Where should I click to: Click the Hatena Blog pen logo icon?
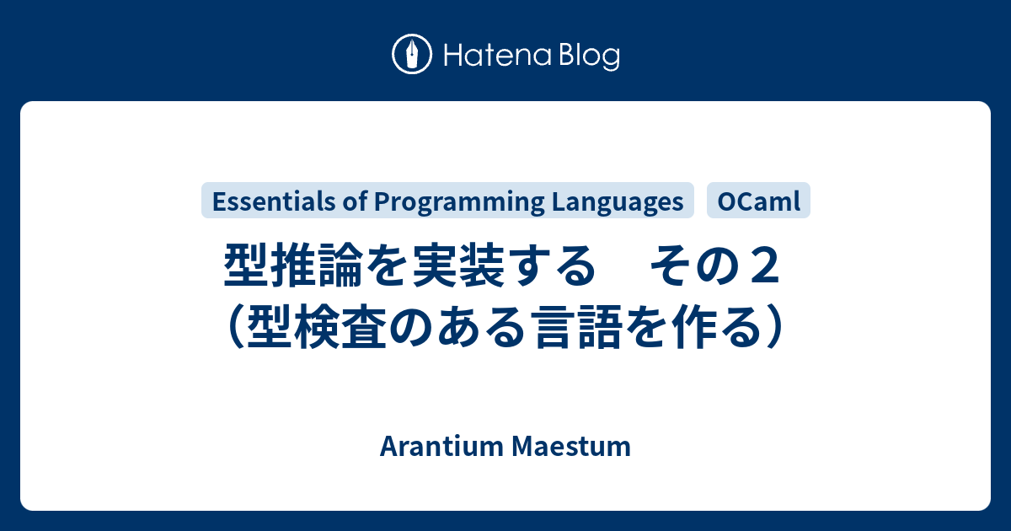412,55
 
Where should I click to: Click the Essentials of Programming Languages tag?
447,201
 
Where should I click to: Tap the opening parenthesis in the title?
235,327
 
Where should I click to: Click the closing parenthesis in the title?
775,327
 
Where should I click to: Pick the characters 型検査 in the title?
312,327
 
